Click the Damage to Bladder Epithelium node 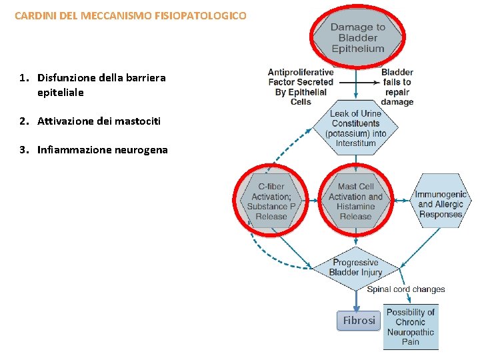(x=357, y=37)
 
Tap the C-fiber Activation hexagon (x=271, y=201)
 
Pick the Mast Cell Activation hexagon (x=355, y=201)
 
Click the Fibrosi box (x=359, y=321)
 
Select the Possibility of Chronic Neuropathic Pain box (x=411, y=327)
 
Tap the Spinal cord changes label (x=405, y=289)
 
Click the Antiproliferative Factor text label (x=301, y=87)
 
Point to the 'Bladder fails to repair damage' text (x=397, y=87)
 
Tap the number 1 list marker (x=23, y=78)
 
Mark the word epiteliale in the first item (x=61, y=93)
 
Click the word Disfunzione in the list (x=67, y=78)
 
